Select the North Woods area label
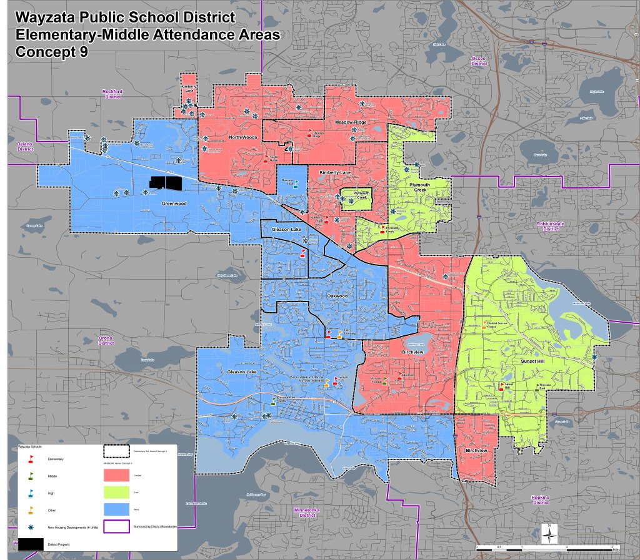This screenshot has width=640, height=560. [242, 137]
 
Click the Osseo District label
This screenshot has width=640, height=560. [479, 61]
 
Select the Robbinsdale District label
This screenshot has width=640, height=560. [550, 225]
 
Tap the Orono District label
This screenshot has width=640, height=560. [106, 340]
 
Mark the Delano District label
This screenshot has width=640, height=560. [24, 147]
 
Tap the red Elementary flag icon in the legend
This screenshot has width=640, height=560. [31, 459]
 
